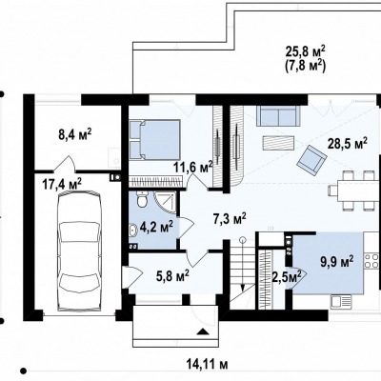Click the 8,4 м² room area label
coord(75,134)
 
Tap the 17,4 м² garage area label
coord(62,184)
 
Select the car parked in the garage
coord(79,251)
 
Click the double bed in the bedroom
coord(154,139)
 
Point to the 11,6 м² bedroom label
coord(193,167)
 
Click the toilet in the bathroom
coord(142,200)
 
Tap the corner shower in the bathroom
coord(165,202)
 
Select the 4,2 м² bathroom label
coord(156,228)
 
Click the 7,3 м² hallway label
coord(230,219)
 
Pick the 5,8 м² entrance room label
coord(173,276)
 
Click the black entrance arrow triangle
coord(203,331)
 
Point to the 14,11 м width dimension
coord(207,364)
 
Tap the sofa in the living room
coord(278,116)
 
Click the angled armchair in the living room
coord(312,161)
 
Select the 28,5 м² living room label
coord(348,144)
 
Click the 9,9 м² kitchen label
coord(337,263)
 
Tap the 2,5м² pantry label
coord(287,277)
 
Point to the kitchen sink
coord(340,302)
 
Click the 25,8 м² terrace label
coord(306,52)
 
